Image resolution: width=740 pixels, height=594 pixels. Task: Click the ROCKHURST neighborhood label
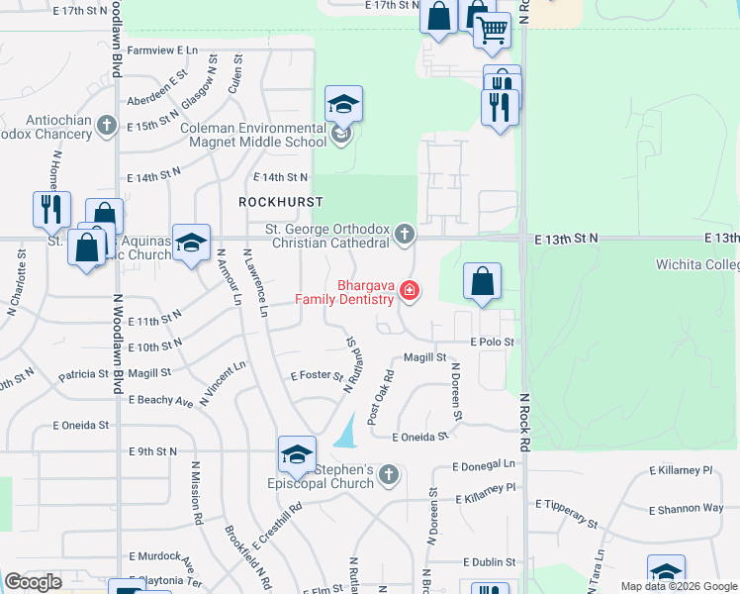tap(281, 201)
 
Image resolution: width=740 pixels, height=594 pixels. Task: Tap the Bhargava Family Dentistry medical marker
tap(410, 291)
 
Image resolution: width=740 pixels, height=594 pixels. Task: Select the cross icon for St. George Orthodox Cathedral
tap(404, 235)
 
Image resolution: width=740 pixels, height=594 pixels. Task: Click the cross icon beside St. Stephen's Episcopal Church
tap(389, 476)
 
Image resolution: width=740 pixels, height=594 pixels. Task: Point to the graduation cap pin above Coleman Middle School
tap(343, 104)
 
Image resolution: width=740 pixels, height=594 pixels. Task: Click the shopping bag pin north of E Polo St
tap(482, 282)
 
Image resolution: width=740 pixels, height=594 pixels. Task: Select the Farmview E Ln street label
tap(162, 49)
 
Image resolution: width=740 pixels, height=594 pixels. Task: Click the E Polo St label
tap(493, 342)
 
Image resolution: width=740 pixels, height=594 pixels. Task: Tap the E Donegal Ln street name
tap(484, 464)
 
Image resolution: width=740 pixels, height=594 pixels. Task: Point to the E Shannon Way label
tap(686, 508)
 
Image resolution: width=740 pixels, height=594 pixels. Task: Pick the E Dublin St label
tap(489, 561)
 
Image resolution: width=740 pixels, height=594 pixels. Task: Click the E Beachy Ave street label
tap(160, 401)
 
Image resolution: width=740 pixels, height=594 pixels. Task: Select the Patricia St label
tap(83, 375)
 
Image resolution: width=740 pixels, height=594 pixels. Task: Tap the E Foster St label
tap(316, 376)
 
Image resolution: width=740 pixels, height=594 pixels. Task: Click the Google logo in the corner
tap(33, 582)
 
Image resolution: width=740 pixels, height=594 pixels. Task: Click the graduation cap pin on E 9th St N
tap(297, 454)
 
